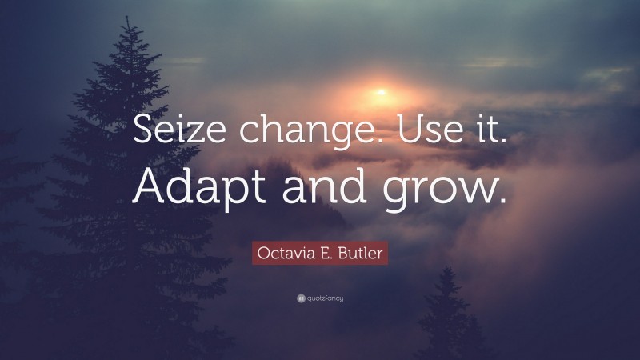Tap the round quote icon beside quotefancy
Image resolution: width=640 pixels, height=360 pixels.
tap(300, 298)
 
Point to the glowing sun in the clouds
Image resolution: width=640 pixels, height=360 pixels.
tap(379, 93)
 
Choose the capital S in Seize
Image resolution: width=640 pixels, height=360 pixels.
tap(145, 129)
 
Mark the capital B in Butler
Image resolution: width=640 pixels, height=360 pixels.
tap(342, 254)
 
